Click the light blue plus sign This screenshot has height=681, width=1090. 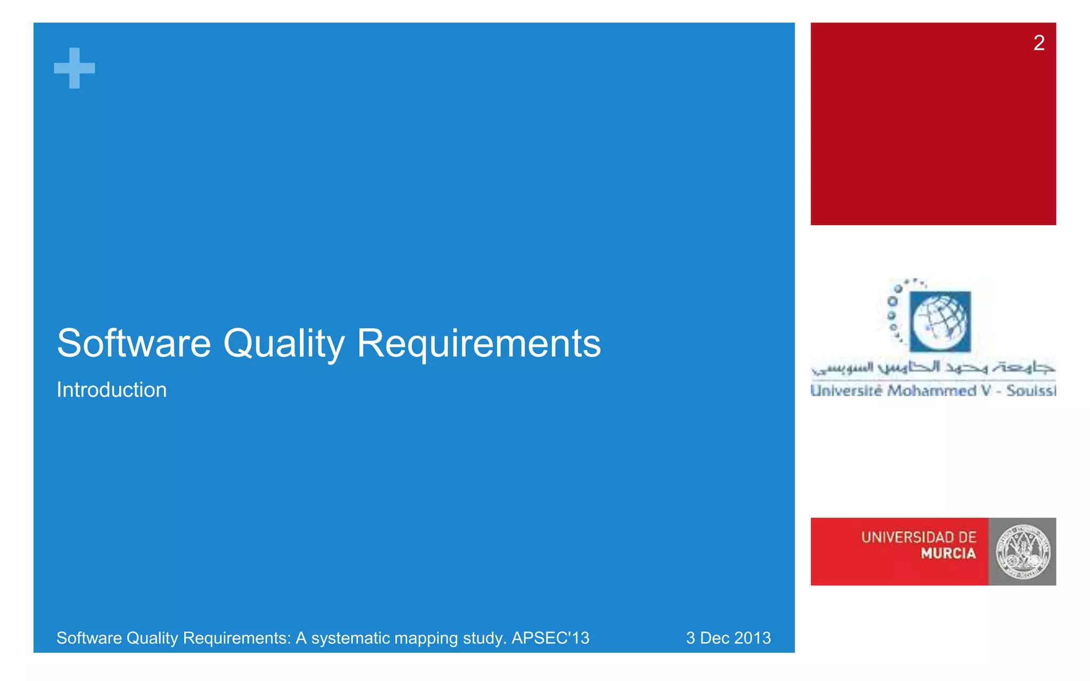(75, 68)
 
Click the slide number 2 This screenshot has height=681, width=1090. (1038, 43)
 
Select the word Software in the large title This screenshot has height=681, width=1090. (134, 343)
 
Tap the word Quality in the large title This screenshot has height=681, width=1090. (284, 344)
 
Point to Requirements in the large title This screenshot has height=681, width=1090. (478, 344)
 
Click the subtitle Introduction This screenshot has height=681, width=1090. (112, 390)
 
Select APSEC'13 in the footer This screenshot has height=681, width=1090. (550, 637)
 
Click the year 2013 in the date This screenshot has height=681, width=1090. (753, 637)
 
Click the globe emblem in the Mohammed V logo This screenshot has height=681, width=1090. (939, 321)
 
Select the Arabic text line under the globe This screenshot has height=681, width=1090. (933, 367)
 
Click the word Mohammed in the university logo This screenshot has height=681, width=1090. (931, 391)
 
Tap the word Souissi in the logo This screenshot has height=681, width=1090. (1030, 391)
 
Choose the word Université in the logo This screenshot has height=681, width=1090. (847, 391)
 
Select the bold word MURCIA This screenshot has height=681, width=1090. (948, 554)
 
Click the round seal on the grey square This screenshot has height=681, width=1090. (1022, 552)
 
